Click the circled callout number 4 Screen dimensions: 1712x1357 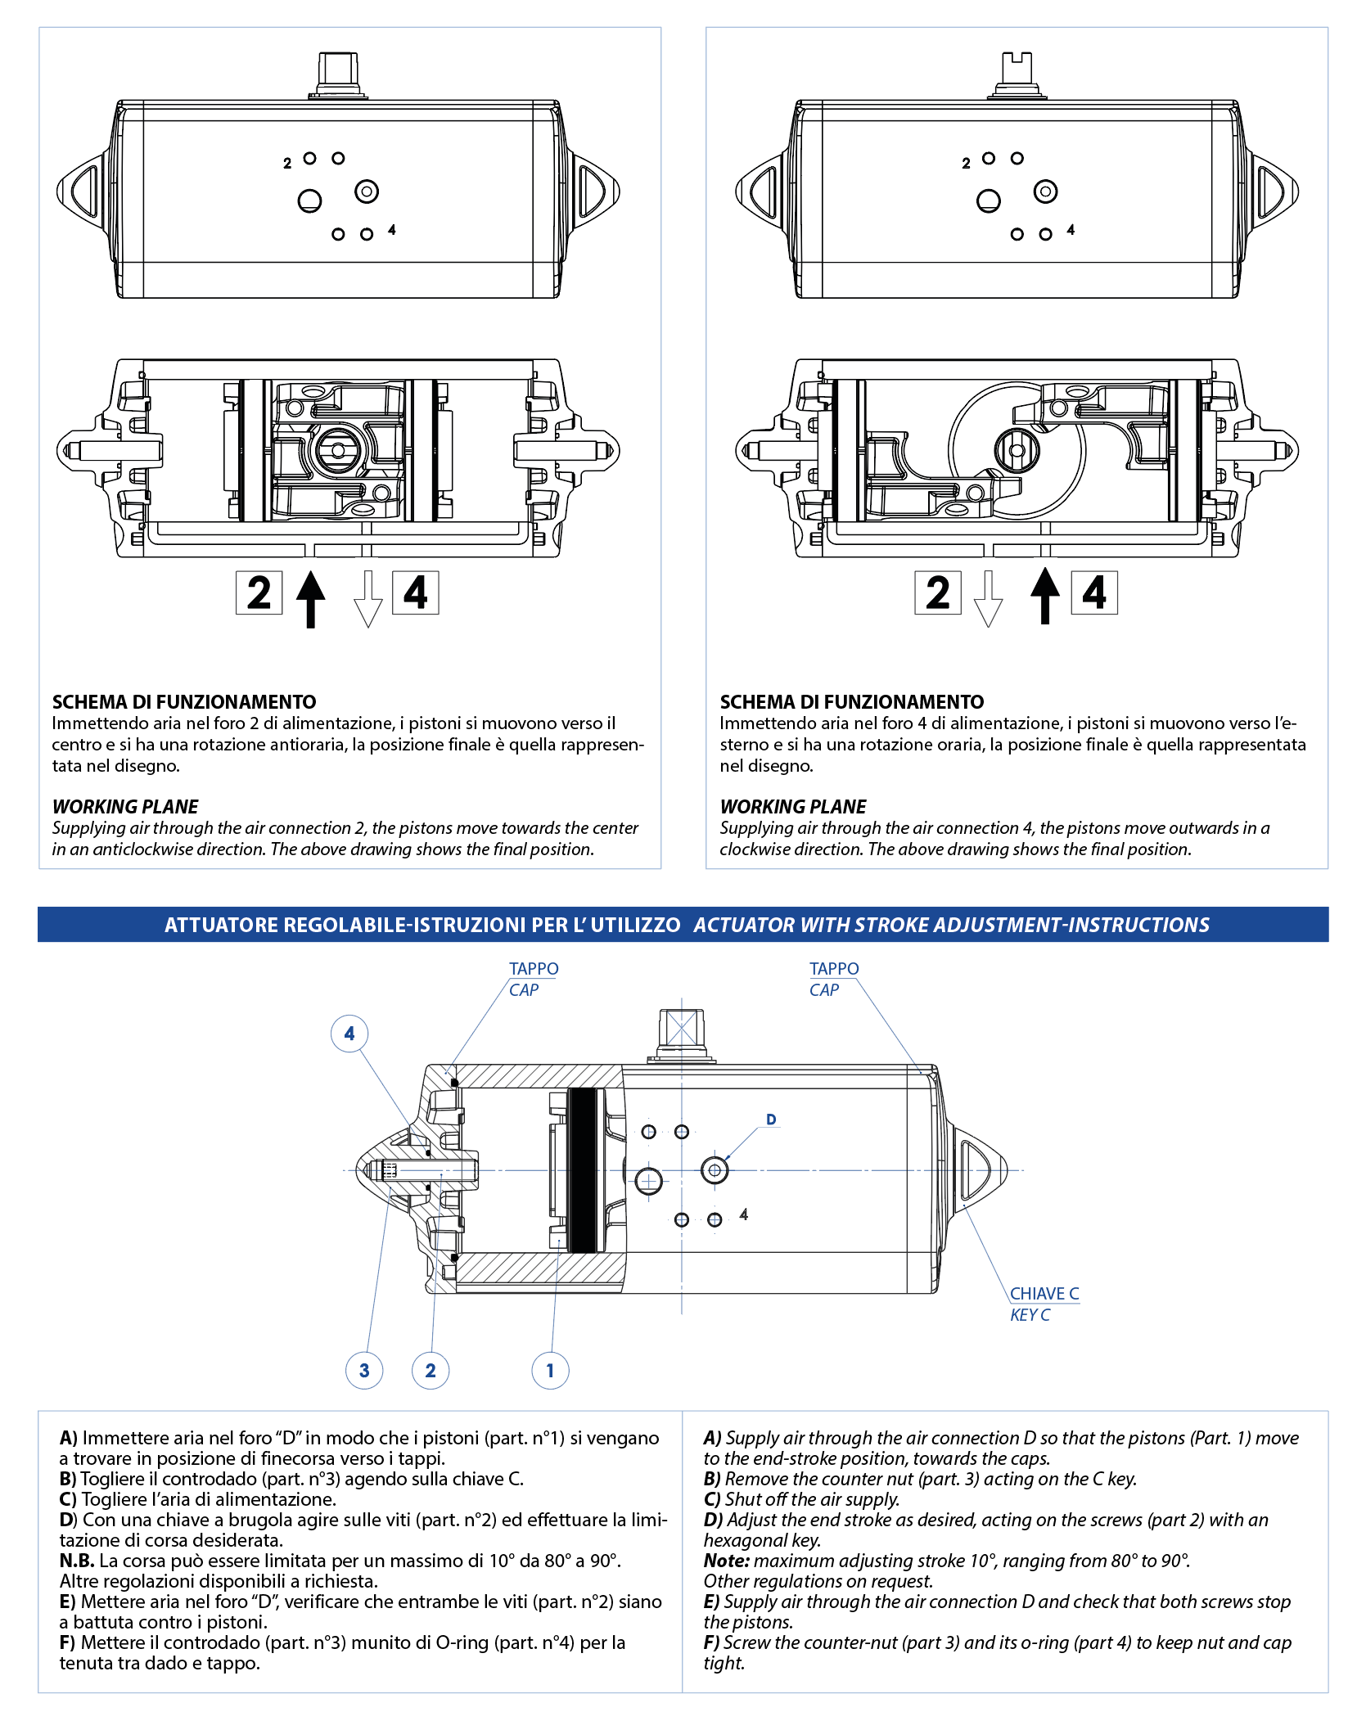(349, 1034)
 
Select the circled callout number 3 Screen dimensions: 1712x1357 (364, 1371)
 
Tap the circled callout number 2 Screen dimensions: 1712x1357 (431, 1371)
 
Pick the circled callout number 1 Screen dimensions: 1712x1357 (550, 1371)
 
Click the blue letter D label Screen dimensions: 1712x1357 (771, 1120)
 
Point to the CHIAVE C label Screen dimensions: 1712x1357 (1044, 1294)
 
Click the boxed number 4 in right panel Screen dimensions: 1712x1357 (1094, 592)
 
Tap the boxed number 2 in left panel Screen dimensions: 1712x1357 (259, 592)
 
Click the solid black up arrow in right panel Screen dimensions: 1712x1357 (1044, 596)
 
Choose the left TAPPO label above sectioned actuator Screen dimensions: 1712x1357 (534, 969)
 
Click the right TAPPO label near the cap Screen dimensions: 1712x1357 (834, 969)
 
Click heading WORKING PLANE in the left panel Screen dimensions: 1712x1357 (125, 807)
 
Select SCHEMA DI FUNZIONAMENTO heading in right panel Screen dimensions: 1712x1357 (851, 702)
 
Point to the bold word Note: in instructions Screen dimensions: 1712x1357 (727, 1561)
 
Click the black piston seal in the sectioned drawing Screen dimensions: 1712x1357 (582, 1170)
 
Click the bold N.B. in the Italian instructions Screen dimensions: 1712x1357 (77, 1561)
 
